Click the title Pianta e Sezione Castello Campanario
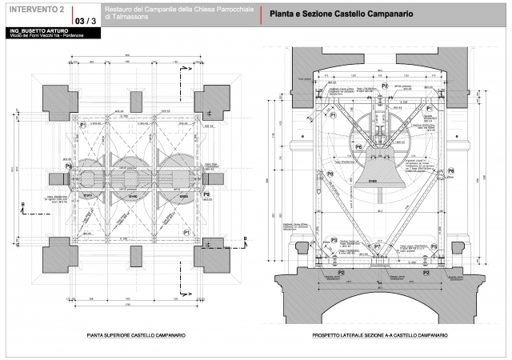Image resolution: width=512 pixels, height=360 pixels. pyautogui.click(x=341, y=14)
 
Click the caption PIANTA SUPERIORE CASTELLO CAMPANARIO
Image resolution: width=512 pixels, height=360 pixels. pyautogui.click(x=135, y=338)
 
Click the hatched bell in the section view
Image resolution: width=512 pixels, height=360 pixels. pyautogui.click(x=373, y=171)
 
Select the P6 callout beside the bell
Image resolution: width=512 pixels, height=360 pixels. pyautogui.click(x=359, y=149)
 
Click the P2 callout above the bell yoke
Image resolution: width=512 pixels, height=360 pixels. pyautogui.click(x=385, y=86)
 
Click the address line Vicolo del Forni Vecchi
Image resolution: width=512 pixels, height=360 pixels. pyautogui.click(x=39, y=37)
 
